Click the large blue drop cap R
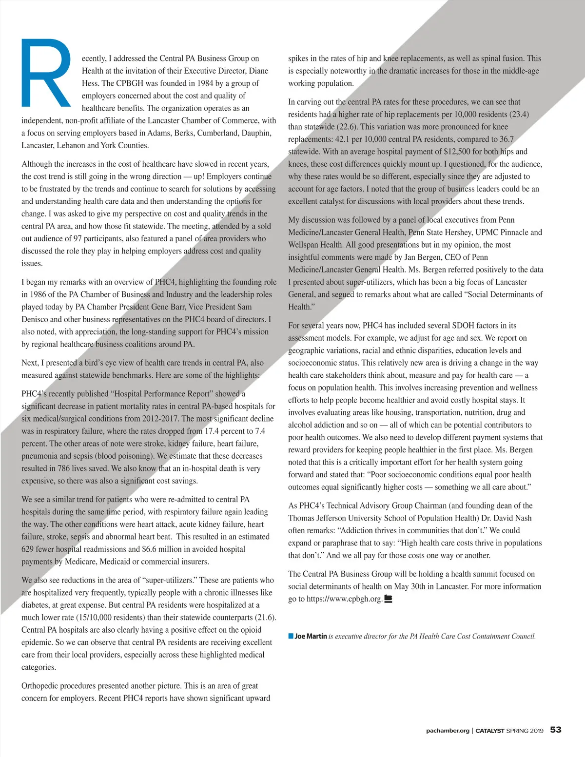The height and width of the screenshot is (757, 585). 46,74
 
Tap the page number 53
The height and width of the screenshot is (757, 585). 556,730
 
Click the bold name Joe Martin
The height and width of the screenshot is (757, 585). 311,636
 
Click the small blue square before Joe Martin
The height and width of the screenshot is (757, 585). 291,636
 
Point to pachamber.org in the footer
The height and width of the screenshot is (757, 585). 447,731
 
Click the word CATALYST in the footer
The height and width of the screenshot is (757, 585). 489,731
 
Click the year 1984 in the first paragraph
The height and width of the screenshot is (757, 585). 205,83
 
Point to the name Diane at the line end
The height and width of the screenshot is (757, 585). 258,71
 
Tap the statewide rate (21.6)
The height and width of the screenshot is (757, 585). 266,618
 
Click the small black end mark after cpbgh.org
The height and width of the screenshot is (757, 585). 389,599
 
